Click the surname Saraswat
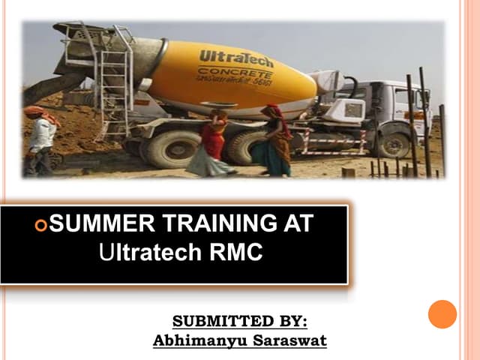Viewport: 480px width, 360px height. (x=289, y=340)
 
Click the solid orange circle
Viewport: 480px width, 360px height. (x=442, y=314)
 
